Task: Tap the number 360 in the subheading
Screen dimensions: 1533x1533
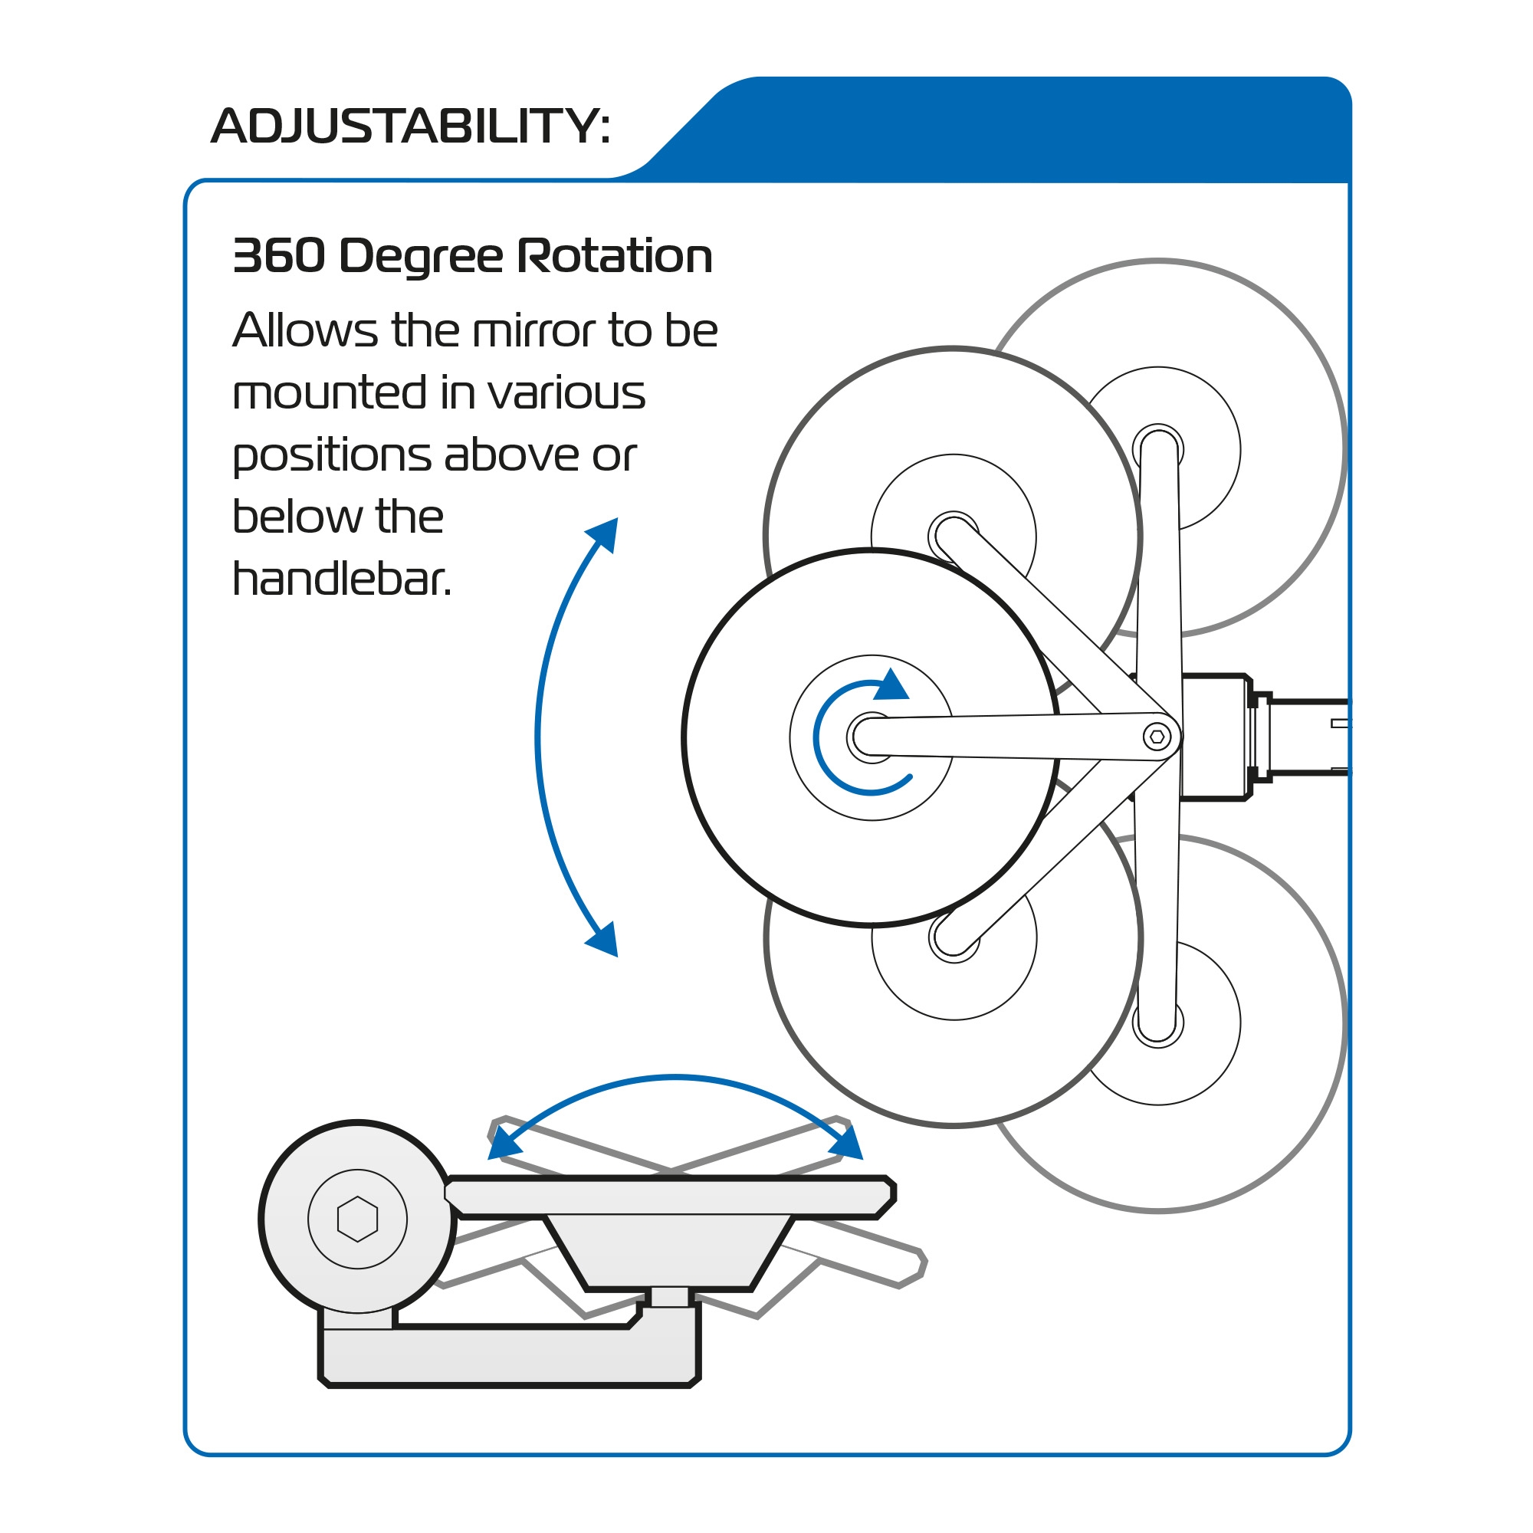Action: point(278,256)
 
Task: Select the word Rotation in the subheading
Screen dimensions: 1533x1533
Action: point(614,256)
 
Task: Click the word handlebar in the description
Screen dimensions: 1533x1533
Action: point(341,579)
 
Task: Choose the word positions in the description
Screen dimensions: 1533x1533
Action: point(331,456)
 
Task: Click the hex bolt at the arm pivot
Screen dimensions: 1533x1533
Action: point(1157,737)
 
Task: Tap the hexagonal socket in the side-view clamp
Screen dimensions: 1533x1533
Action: point(357,1218)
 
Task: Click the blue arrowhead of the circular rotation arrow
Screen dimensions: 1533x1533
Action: point(891,685)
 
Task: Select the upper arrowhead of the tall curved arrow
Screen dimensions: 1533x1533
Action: point(605,534)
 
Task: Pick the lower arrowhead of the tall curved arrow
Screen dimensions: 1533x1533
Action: point(605,940)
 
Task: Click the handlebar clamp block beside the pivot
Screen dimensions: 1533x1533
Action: point(1214,737)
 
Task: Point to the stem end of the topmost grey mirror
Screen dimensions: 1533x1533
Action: point(1157,448)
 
